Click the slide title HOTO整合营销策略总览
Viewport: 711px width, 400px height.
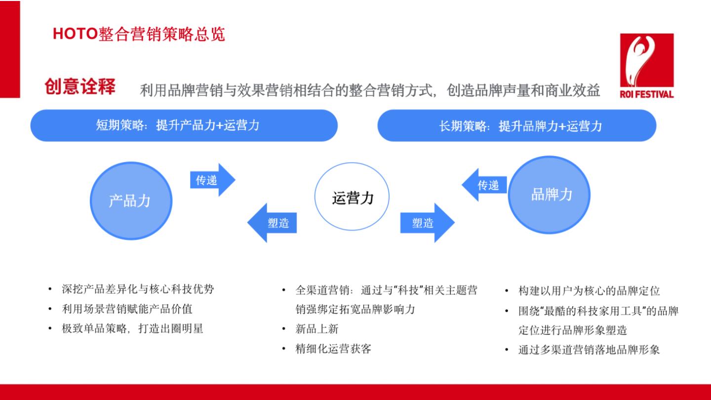(139, 34)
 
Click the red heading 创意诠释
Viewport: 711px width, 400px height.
(80, 86)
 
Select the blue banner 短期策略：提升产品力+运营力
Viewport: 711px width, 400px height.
(184, 125)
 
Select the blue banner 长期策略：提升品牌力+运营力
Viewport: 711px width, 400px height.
(517, 126)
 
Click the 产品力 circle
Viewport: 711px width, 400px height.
(131, 200)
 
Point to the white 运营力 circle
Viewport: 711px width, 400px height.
(352, 197)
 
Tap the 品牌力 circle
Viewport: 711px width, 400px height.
(549, 195)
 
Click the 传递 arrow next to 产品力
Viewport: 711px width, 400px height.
(212, 180)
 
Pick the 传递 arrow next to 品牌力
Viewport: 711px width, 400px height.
(484, 185)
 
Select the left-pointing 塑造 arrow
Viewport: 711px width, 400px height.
(272, 223)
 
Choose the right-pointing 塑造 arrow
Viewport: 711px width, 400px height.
(428, 223)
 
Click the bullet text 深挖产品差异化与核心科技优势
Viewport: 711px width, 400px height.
(138, 289)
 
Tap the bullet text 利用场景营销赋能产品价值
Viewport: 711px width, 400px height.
(127, 309)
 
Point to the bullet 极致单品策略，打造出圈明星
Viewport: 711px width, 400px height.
(132, 328)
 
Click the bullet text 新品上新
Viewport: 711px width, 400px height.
(317, 329)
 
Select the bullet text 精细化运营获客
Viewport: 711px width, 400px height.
(333, 349)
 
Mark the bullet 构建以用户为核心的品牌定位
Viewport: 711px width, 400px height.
(589, 291)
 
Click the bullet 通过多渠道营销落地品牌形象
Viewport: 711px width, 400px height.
(589, 350)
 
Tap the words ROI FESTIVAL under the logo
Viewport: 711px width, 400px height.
(647, 94)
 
